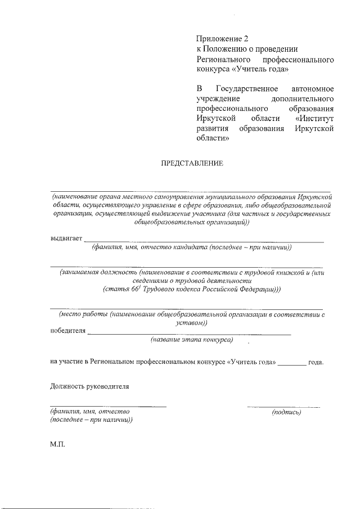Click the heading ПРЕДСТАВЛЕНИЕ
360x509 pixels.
[193, 164]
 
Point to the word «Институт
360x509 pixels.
[314, 119]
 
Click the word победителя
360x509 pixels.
[68, 331]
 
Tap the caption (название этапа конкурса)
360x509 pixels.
[192, 340]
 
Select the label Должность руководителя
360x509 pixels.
[89, 386]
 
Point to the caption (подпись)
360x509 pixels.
[286, 412]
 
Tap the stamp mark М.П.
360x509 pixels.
[58, 444]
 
